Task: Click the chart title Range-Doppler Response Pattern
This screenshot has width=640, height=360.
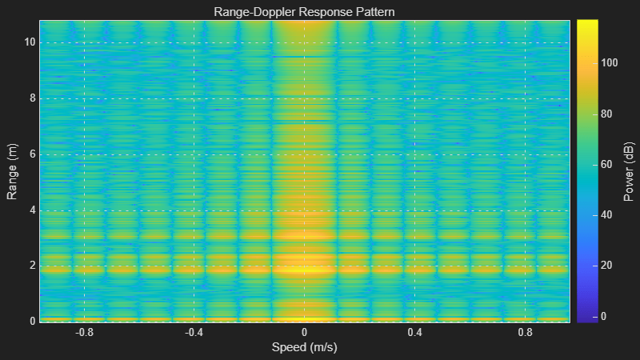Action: [x=304, y=12]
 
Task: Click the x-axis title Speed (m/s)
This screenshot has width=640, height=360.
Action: [x=304, y=347]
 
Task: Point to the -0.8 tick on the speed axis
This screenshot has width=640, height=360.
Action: [x=83, y=331]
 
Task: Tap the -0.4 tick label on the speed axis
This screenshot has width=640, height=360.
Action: [x=194, y=331]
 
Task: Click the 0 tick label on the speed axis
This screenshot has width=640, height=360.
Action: [x=304, y=331]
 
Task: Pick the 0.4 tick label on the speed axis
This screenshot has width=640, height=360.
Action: [x=414, y=331]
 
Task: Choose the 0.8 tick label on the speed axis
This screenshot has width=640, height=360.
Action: [x=525, y=331]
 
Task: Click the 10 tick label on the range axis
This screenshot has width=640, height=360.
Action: [x=28, y=42]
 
